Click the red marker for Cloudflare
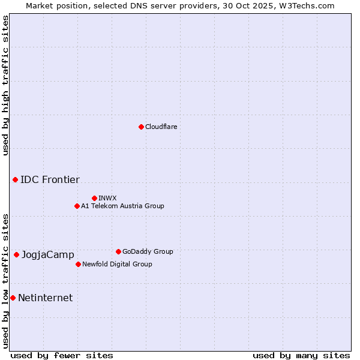141,127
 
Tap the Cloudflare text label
161,127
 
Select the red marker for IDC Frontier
15,179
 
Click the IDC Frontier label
50,179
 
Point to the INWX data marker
94,198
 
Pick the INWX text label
107,198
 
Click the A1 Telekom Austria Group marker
77,206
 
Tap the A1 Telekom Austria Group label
122,206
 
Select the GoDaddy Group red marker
118,251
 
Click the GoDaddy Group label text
148,251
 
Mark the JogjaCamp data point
16,254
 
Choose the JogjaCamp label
48,255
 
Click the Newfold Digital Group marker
78,264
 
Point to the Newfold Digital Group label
117,264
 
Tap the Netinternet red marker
13,298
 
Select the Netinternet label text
45,298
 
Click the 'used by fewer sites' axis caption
62,355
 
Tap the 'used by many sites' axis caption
301,355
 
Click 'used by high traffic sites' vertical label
5,85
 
